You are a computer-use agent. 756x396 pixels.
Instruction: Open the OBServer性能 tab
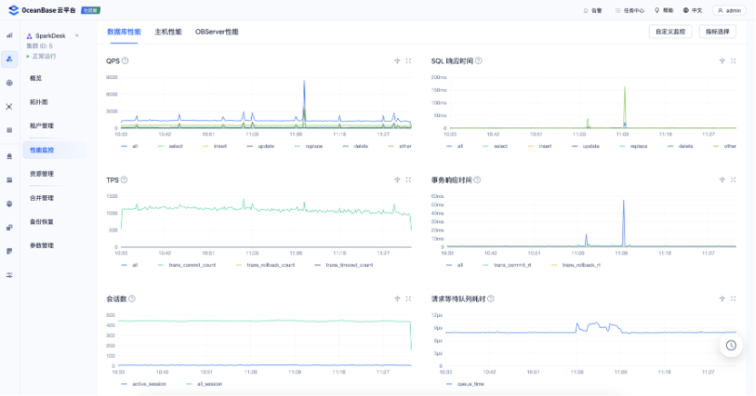tap(216, 32)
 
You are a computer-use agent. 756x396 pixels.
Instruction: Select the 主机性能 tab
tap(168, 32)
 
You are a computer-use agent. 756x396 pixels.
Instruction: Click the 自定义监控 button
tap(670, 32)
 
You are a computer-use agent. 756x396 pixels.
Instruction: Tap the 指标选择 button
tap(718, 32)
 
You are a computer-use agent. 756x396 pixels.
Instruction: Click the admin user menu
tap(730, 10)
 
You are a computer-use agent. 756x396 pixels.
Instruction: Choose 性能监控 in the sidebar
tap(43, 149)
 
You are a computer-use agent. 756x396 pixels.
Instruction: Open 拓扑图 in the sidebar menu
tap(39, 102)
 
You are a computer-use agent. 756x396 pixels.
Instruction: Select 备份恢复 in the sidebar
tap(42, 222)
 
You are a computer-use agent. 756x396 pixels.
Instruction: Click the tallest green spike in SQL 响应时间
tap(624, 87)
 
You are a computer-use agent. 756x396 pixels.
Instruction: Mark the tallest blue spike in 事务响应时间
tap(623, 201)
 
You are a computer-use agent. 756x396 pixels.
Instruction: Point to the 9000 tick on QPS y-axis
tap(112, 78)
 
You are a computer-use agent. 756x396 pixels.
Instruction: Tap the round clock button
tap(731, 345)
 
